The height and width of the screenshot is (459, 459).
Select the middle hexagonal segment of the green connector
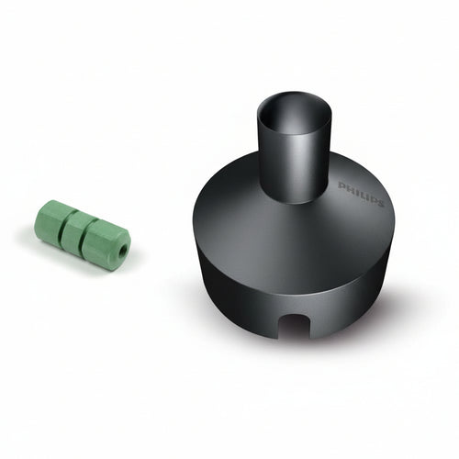coord(80,231)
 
